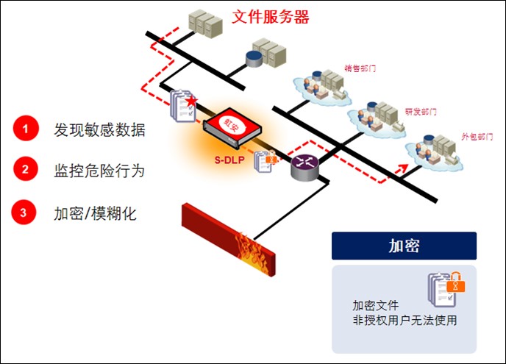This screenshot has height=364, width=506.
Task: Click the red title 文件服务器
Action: pyautogui.click(x=271, y=17)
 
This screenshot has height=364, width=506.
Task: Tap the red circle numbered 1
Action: pyautogui.click(x=24, y=129)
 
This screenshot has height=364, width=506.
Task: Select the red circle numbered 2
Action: pyautogui.click(x=24, y=171)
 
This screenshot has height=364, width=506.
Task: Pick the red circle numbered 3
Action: pyautogui.click(x=24, y=213)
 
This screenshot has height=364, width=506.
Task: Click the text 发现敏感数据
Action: pyautogui.click(x=99, y=130)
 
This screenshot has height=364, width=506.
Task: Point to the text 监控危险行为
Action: pyautogui.click(x=99, y=171)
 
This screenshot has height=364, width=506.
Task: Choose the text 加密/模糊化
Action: pyautogui.click(x=95, y=214)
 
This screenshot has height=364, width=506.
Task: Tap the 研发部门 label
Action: pyautogui.click(x=421, y=113)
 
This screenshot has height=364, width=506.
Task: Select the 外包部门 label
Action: pyautogui.click(x=477, y=138)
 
